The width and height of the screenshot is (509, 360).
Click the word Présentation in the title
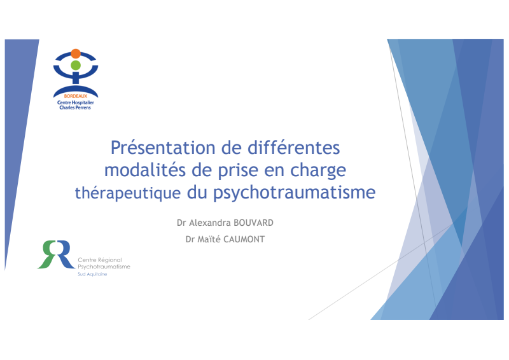click(163, 148)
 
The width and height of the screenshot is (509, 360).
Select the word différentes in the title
click(294, 148)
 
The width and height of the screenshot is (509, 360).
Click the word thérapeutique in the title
click(128, 193)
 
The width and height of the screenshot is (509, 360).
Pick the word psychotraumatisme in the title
click(295, 193)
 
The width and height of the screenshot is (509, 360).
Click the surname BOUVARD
click(253, 223)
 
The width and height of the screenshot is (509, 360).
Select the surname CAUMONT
click(244, 239)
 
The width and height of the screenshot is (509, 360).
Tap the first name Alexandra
click(210, 223)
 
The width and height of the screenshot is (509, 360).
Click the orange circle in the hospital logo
click(76, 53)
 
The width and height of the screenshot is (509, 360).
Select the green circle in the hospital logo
click(76, 66)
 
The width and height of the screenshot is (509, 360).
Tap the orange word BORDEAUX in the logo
click(76, 96)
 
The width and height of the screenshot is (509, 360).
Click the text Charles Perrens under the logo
click(75, 107)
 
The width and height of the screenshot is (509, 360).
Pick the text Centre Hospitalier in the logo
click(76, 102)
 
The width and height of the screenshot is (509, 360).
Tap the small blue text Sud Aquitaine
click(92, 274)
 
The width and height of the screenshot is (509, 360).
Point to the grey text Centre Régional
click(100, 260)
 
